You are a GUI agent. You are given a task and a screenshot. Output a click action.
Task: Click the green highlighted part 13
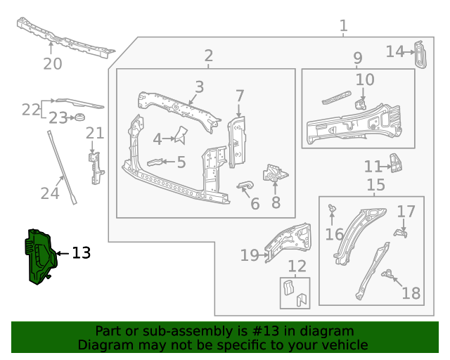point(39,257)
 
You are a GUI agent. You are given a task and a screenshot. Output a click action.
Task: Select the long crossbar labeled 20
point(65,38)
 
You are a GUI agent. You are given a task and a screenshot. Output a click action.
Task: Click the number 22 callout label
point(30,110)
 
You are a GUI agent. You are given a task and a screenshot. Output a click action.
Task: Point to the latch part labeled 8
point(274,174)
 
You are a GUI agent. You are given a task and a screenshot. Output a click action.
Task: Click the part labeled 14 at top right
point(420,54)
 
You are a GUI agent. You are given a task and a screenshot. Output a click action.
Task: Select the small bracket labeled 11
point(397,163)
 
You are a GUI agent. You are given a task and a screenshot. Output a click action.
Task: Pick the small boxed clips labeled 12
point(295,293)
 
